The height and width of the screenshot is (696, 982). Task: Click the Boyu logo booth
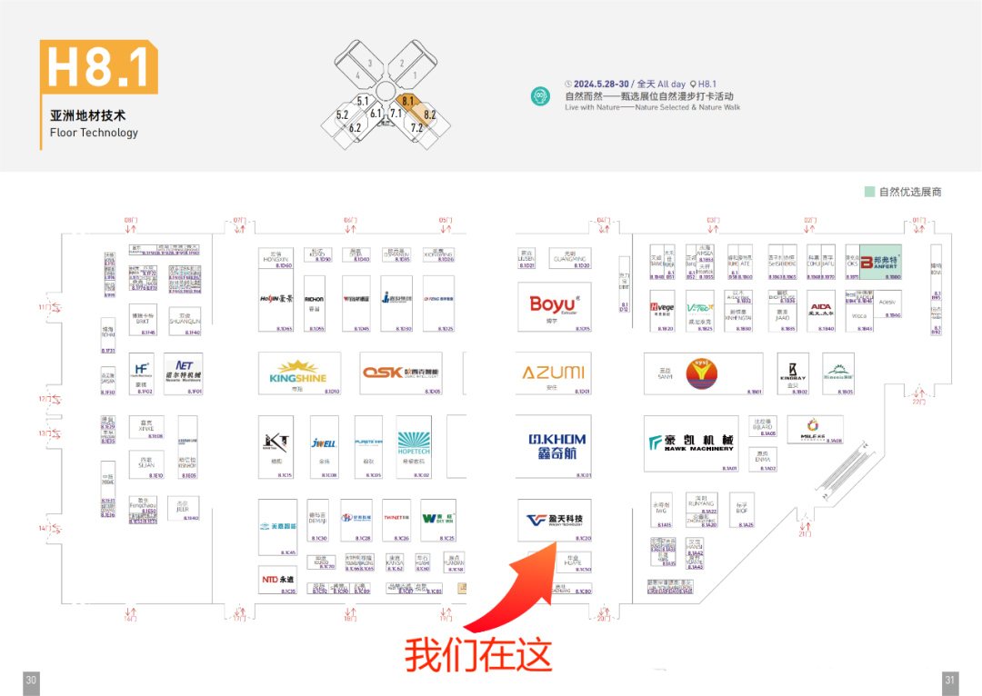point(553,304)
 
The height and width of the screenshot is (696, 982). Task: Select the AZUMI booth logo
point(553,373)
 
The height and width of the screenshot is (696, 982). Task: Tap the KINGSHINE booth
point(298,373)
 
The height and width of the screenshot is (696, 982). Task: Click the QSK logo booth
point(400,373)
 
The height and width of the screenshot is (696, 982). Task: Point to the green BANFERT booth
point(879,262)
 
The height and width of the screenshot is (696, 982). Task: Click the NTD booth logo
point(277,579)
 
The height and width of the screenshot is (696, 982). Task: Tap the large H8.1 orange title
point(98,66)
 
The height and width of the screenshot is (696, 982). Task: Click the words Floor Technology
point(94,133)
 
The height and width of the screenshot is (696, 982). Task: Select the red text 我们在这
point(478,653)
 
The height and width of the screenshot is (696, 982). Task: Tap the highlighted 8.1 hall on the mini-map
point(407,102)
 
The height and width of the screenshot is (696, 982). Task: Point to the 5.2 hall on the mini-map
point(342,115)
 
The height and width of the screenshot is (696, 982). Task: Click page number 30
point(31,680)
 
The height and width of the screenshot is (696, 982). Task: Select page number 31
point(950,680)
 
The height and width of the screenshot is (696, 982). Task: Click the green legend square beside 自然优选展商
point(869,192)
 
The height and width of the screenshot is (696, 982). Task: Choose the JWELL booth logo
point(324,443)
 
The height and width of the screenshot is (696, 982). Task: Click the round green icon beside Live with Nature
point(542,95)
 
